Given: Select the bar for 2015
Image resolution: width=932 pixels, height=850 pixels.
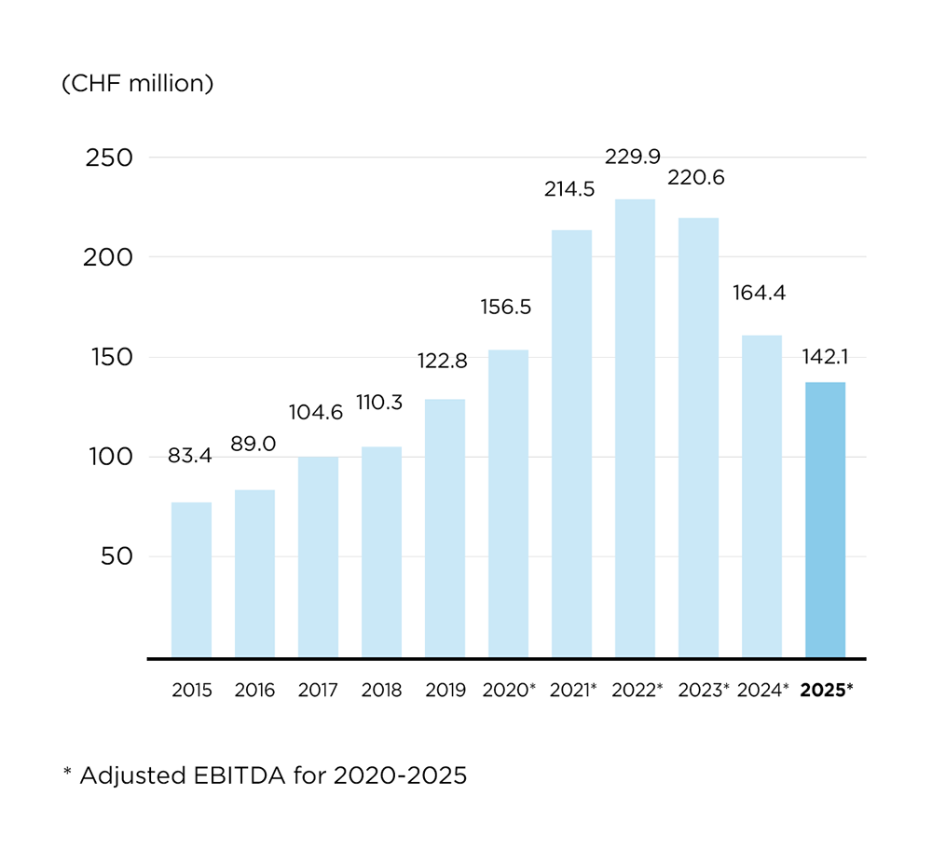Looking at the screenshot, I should tap(191, 580).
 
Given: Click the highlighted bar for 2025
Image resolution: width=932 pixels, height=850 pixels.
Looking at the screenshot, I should tap(825, 519).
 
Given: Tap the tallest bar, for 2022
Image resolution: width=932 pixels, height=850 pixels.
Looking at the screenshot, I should tap(635, 428).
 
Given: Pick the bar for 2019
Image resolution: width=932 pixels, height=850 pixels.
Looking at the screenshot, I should tap(445, 528).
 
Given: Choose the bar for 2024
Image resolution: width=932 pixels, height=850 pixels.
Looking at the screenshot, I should tap(761, 496).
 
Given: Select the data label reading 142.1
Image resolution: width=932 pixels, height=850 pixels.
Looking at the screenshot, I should tap(826, 356).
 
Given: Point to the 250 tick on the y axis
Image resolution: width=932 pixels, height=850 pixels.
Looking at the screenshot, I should tap(109, 158).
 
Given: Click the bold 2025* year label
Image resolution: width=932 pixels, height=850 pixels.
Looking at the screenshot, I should tap(827, 691).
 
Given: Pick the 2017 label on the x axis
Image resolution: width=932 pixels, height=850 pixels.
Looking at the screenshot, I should tap(318, 691).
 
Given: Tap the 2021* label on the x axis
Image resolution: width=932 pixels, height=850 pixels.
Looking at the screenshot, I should tap(572, 691).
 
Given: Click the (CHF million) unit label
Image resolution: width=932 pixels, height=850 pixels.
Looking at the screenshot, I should tap(138, 83).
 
